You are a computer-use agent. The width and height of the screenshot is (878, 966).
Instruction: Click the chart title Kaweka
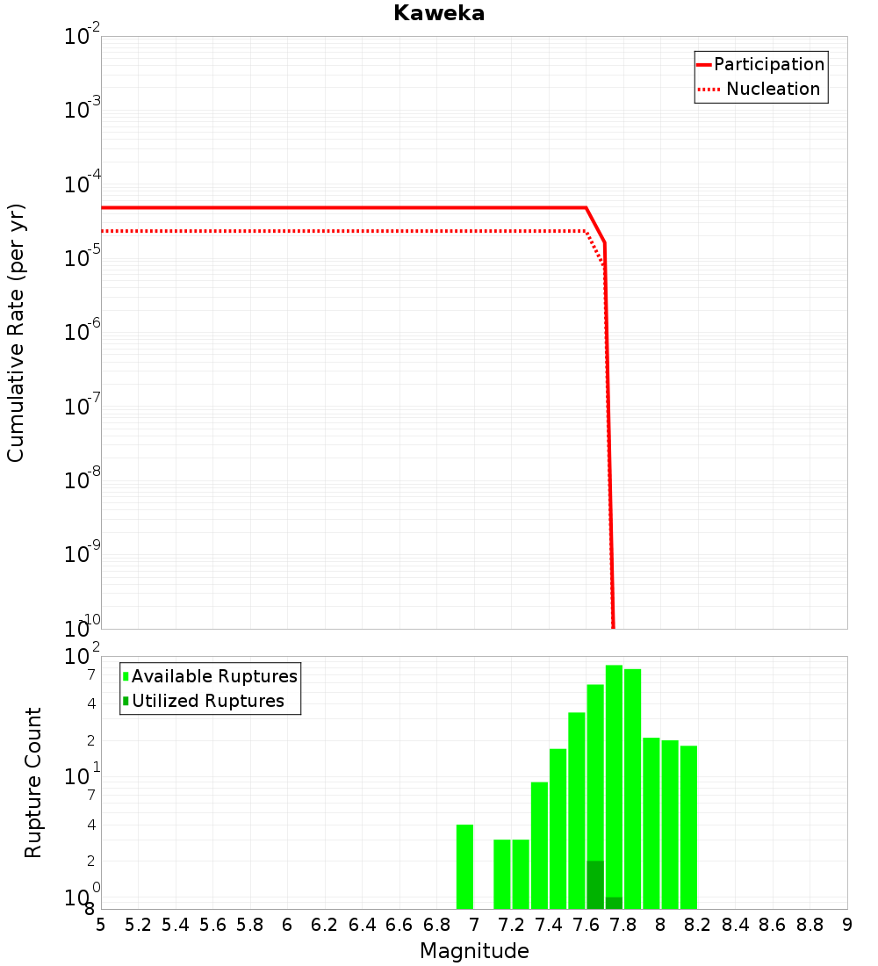point(439,14)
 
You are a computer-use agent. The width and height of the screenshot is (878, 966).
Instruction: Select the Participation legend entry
point(769,65)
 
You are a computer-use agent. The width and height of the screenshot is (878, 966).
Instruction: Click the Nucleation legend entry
point(773,90)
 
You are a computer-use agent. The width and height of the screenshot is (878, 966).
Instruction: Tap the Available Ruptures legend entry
point(214,677)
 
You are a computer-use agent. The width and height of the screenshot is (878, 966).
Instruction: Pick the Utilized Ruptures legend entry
point(207,702)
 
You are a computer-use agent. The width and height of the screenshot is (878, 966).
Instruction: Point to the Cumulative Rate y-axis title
point(16,332)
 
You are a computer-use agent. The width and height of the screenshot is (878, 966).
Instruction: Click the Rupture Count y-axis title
point(33,782)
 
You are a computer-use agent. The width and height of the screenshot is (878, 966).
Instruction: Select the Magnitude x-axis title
point(474,951)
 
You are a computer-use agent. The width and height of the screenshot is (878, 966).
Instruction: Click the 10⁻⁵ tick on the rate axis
point(82,256)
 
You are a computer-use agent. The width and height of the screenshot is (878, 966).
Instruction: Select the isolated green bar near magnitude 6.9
point(464,867)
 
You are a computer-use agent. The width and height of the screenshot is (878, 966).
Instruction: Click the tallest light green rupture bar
point(614,787)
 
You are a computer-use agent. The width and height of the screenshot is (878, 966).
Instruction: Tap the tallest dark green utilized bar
point(595,884)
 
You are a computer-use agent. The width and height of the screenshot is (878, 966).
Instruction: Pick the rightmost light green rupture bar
point(688,827)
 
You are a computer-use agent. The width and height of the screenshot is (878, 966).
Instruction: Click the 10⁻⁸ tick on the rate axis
point(82,479)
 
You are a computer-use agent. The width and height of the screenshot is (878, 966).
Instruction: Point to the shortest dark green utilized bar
point(614,903)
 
